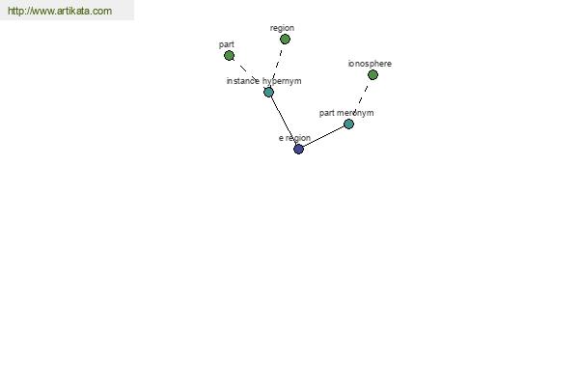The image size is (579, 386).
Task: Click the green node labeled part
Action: tap(229, 56)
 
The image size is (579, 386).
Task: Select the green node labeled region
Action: tap(285, 40)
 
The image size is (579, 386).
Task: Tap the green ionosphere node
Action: tap(372, 75)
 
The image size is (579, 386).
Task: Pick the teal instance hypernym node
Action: tap(269, 92)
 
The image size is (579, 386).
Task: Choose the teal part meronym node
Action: tap(348, 124)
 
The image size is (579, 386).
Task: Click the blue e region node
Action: tap(298, 150)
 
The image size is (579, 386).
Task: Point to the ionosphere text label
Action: tap(370, 64)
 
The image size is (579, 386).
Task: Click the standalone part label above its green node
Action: tap(227, 44)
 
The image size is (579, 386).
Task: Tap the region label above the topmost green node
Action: tap(282, 28)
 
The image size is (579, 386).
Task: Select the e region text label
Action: tap(294, 138)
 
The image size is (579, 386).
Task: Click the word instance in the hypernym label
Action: tap(242, 81)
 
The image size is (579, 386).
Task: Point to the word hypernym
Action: tap(282, 81)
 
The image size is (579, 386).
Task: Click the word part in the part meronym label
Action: tap(327, 113)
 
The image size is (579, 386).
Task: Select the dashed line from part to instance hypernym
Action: tap(249, 74)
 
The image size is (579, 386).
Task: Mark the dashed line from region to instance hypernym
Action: tap(277, 66)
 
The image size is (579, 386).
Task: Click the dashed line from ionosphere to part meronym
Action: tap(361, 99)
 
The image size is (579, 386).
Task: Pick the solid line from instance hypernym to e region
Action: tap(284, 121)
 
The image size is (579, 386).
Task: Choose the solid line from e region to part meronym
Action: tap(323, 137)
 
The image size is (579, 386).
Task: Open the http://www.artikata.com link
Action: tap(60, 11)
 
